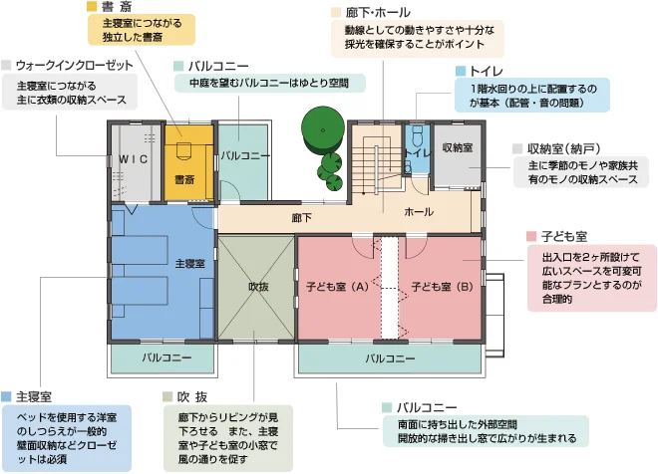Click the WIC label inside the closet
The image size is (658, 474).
click(133, 159)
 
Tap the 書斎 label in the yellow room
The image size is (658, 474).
click(184, 180)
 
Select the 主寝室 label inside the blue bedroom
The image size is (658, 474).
click(189, 264)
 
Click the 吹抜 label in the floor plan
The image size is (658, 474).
click(258, 287)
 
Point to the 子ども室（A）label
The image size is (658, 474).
click(337, 287)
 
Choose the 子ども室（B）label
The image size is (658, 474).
click(443, 287)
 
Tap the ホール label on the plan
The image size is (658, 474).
click(419, 212)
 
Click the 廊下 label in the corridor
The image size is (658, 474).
click(302, 218)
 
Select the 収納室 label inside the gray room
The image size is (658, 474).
click(458, 147)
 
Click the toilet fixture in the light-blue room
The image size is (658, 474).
click(417, 135)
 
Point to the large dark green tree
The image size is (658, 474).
click(323, 129)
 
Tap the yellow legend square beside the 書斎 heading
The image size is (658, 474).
click(92, 6)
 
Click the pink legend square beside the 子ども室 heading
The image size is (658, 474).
click(531, 236)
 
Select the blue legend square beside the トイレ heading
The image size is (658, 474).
click(461, 71)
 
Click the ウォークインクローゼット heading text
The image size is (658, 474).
click(75, 66)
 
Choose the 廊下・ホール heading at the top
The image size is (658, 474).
click(378, 13)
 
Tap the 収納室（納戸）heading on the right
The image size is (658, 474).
click(563, 148)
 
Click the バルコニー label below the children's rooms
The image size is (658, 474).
click(390, 358)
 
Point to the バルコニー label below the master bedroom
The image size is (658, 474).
click(166, 357)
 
